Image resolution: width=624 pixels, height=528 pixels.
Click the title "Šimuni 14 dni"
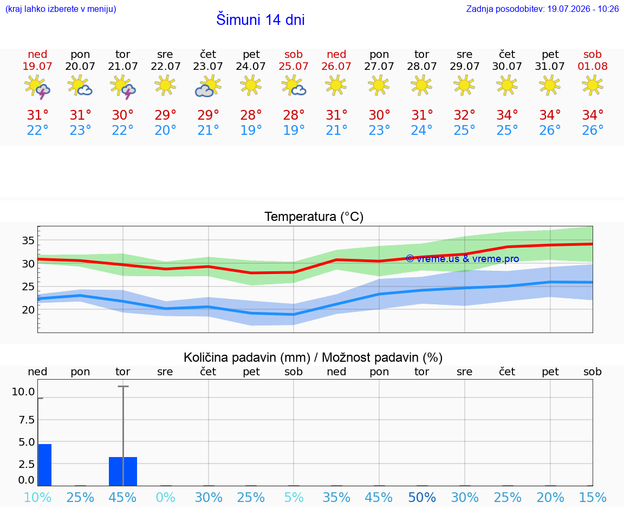click(260, 19)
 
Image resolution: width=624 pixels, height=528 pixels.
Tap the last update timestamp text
click(542, 9)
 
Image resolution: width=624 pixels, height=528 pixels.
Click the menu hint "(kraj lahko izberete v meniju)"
click(61, 9)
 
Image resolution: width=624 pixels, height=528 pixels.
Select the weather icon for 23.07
click(208, 86)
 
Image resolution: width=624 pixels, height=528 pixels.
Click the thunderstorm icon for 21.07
click(123, 87)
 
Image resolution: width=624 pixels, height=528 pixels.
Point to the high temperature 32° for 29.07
click(464, 115)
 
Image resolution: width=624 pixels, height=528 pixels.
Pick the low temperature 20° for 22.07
click(165, 130)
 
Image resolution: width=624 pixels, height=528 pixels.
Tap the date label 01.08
click(593, 66)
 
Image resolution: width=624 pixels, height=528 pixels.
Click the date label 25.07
click(293, 66)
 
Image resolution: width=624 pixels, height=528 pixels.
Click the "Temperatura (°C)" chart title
click(314, 217)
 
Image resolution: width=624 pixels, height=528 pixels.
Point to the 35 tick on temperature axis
click(28, 240)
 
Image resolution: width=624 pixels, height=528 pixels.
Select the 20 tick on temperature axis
click(28, 310)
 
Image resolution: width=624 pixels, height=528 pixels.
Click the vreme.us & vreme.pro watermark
click(463, 259)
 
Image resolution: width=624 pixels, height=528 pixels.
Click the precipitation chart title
click(313, 357)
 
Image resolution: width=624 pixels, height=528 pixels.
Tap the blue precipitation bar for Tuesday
click(123, 472)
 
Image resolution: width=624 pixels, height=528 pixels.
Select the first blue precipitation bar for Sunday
click(44, 465)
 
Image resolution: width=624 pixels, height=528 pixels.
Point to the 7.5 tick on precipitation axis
click(27, 420)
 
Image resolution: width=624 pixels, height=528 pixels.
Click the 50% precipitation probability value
click(422, 497)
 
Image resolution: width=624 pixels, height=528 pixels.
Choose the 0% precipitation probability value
click(165, 497)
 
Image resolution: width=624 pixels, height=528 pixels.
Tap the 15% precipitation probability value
click(593, 497)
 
